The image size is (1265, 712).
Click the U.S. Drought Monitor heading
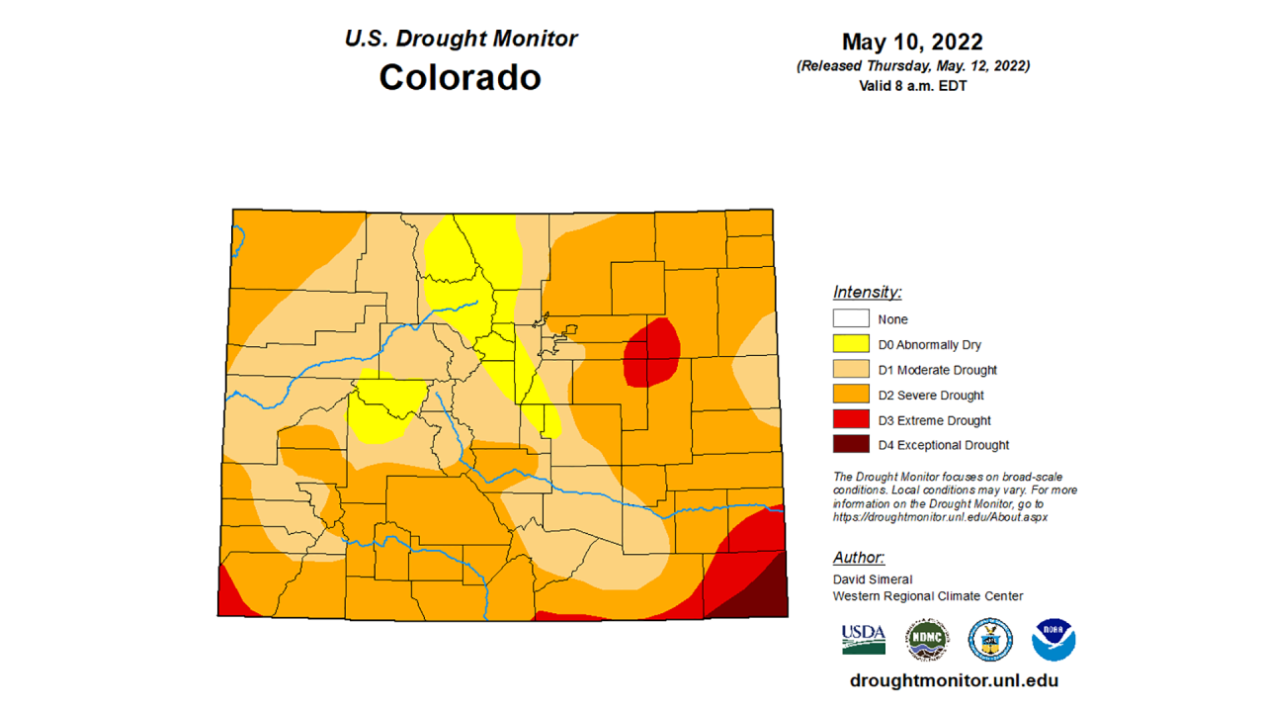461,39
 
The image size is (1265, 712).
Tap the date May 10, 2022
912,43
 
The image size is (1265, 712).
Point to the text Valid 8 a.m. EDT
912,85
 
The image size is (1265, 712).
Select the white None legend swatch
851,318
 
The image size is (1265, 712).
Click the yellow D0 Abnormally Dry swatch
851,344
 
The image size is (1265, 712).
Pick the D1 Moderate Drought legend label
937,370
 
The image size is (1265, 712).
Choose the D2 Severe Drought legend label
930,396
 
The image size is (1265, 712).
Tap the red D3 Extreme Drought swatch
851,420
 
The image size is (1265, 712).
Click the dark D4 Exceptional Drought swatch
851,445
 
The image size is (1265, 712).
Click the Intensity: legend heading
867,292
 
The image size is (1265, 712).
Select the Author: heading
858,558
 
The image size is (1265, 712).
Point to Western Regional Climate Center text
927,595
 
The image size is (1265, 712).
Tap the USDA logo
863,640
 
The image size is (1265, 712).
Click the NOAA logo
1053,640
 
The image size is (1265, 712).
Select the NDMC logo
926,640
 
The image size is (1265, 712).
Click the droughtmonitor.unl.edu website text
954,680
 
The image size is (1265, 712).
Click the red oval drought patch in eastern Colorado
651,352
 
